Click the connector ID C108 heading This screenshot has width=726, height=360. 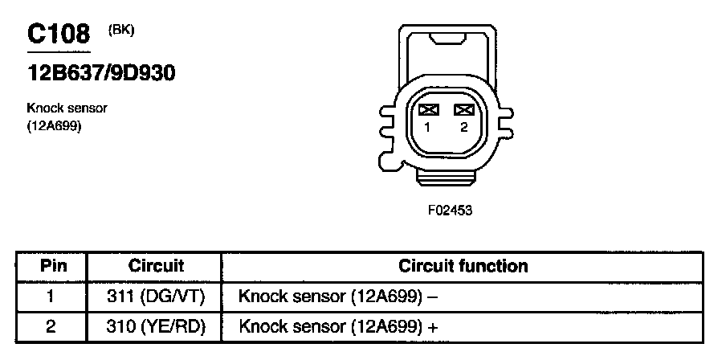59,35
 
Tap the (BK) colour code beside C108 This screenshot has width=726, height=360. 120,31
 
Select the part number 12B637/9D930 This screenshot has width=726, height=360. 101,73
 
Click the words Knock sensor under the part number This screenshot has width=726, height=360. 67,108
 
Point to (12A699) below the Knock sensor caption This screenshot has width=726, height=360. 54,125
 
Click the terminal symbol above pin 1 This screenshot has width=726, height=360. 428,110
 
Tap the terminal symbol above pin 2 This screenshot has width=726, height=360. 463,110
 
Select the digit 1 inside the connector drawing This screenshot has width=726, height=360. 428,127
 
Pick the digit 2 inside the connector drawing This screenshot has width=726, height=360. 464,127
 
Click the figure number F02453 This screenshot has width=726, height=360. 450,211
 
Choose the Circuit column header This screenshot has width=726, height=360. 156,266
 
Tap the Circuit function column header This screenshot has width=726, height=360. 463,266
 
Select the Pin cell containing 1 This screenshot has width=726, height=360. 51,297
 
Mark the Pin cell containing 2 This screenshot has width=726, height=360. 51,327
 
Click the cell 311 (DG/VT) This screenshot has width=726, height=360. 156,297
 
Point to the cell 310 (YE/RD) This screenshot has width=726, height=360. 156,327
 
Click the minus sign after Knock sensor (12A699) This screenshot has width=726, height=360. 431,297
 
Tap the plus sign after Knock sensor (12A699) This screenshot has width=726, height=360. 432,328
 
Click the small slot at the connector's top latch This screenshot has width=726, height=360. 447,39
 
